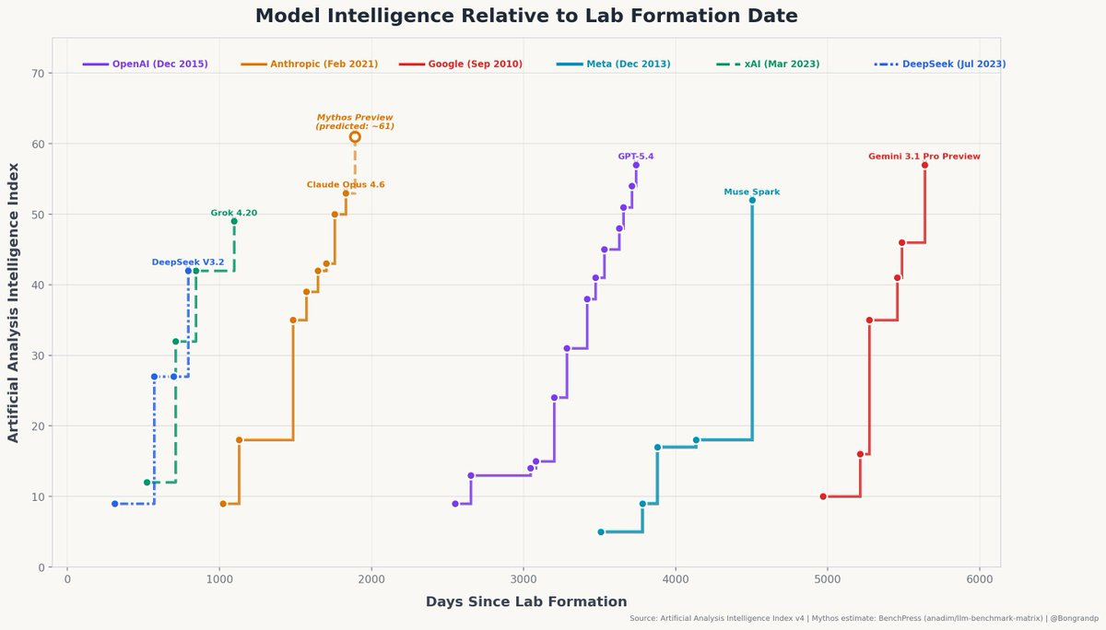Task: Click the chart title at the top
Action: [x=526, y=16]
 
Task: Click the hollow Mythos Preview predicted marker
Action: [x=355, y=137]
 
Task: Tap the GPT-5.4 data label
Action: [x=636, y=157]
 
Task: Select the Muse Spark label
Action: [x=752, y=192]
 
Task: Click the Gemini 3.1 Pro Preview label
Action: [x=924, y=157]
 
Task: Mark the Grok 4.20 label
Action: [x=234, y=213]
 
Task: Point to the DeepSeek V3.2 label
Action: [x=188, y=262]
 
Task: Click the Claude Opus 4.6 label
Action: [x=346, y=185]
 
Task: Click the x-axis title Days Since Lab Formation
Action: [x=526, y=602]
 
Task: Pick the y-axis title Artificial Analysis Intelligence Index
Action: [x=14, y=302]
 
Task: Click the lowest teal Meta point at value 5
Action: [x=601, y=531]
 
